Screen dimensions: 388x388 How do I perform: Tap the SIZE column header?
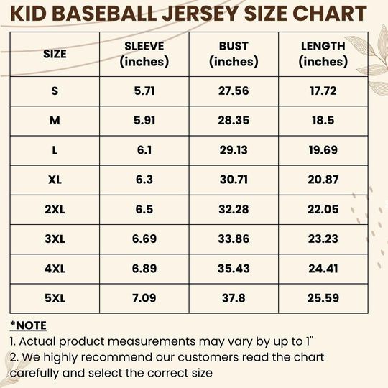[x=55, y=54]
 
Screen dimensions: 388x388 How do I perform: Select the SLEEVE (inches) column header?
[x=144, y=54]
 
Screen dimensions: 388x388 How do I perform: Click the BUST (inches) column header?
[x=234, y=54]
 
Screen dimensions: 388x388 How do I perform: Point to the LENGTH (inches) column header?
[x=323, y=54]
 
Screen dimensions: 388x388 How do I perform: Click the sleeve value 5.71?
[x=144, y=91]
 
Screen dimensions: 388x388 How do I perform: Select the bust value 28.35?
[x=234, y=121]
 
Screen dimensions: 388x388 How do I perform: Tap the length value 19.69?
[x=323, y=150]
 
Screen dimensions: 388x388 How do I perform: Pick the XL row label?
[x=55, y=180]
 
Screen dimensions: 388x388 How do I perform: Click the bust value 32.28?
[x=234, y=209]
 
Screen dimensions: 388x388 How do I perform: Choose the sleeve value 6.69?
[x=144, y=239]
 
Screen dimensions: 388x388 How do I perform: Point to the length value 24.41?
[x=323, y=268]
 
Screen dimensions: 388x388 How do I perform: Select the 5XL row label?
[x=55, y=297]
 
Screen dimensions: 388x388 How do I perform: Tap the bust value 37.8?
[x=234, y=297]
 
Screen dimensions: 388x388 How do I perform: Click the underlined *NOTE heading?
[x=29, y=325]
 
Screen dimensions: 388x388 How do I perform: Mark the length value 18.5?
[x=323, y=121]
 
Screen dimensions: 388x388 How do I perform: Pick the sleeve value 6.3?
[x=144, y=180]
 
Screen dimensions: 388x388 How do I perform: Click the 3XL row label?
[x=55, y=239]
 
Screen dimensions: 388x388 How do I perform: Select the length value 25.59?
[x=323, y=297]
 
